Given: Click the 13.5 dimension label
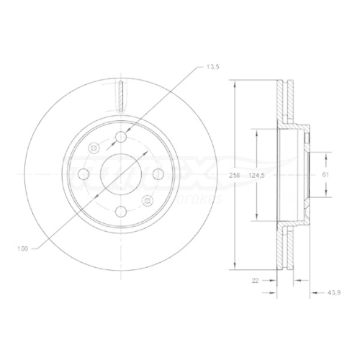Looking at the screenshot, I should point(212,66).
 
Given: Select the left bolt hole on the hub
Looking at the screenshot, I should point(84,174).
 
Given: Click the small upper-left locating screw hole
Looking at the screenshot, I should point(94,148).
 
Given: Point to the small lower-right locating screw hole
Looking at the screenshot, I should point(148,201).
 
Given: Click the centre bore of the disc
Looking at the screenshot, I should point(121,174).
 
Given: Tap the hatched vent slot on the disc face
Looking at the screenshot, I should point(121,95).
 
